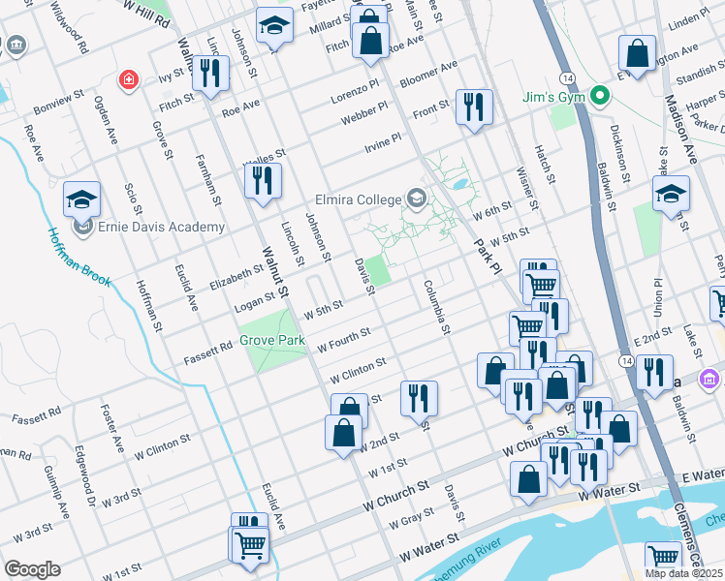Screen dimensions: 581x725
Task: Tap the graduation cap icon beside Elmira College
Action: [x=417, y=199]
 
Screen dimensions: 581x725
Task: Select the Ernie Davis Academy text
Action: [x=161, y=228]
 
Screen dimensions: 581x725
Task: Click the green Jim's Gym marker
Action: [x=599, y=96]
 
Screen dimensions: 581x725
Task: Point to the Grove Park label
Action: [x=272, y=341]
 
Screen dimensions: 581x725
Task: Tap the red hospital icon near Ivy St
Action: [x=127, y=78]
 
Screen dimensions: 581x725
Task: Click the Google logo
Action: [x=32, y=569]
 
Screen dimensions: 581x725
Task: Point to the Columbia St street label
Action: [x=437, y=308]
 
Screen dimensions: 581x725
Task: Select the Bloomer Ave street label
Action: [x=428, y=73]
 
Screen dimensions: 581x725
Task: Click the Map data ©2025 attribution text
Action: [x=684, y=573]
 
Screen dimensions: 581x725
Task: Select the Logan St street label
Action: [x=256, y=303]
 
